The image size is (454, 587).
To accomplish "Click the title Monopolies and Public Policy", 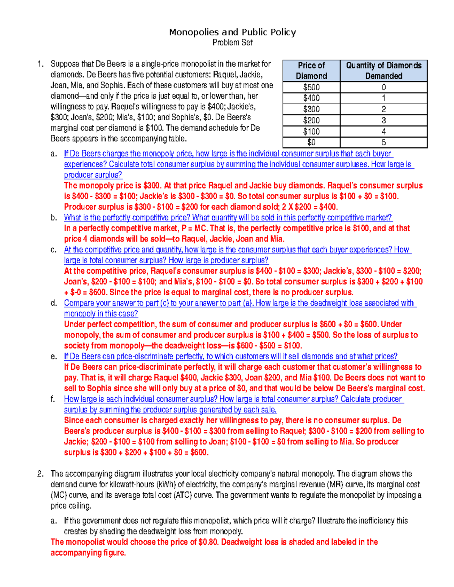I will tap(232, 32).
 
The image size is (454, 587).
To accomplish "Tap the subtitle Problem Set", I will tap(232, 43).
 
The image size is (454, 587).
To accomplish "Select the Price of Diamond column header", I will tap(311, 71).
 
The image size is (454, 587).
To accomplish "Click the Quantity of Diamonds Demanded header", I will tap(384, 71).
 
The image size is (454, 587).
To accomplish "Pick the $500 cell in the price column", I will tap(311, 87).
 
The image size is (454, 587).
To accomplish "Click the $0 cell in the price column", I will tap(311, 142).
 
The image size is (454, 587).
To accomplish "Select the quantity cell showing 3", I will tap(384, 121).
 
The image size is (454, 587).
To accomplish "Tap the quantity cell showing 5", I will tap(384, 142).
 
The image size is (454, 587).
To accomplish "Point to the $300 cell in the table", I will tap(311, 109).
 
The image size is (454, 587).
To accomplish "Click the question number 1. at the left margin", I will tap(40, 64).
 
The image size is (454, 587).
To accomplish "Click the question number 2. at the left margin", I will tap(40, 474).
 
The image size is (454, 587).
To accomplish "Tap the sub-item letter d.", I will tap(54, 303).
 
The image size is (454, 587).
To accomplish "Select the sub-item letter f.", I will tap(53, 399).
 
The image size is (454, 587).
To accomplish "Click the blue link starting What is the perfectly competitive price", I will tap(228, 218).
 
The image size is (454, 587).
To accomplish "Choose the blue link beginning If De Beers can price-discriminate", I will tap(231, 356).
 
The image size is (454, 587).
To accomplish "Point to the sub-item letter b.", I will tap(54, 218).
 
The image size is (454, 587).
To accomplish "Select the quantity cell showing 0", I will tap(384, 87).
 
